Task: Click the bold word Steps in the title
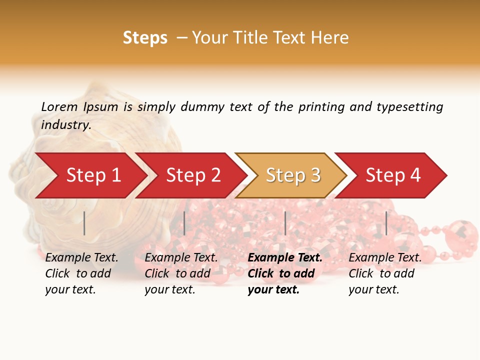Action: (x=145, y=38)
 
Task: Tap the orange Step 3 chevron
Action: (x=293, y=175)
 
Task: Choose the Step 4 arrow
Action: (x=393, y=175)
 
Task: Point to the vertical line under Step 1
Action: (x=84, y=223)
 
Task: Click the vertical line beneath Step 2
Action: (x=184, y=223)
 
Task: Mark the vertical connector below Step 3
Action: (x=285, y=223)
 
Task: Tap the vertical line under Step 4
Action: (x=386, y=223)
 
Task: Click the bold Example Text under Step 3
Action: (x=285, y=258)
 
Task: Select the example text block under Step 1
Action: (x=81, y=273)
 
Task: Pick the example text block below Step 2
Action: (x=181, y=273)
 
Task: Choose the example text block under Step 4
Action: (x=385, y=273)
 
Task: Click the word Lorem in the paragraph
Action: (x=59, y=106)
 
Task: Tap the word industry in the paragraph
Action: (x=65, y=125)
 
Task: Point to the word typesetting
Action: (x=409, y=107)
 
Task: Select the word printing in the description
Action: (x=321, y=107)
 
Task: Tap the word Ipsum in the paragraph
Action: (x=100, y=107)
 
